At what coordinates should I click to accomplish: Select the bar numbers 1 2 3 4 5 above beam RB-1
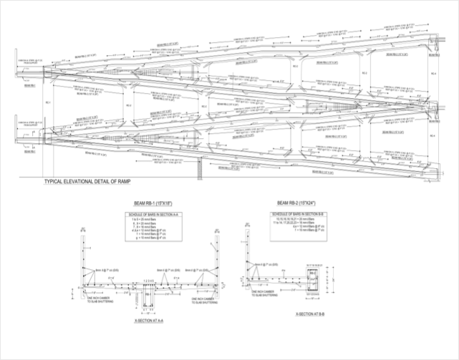(150, 280)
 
